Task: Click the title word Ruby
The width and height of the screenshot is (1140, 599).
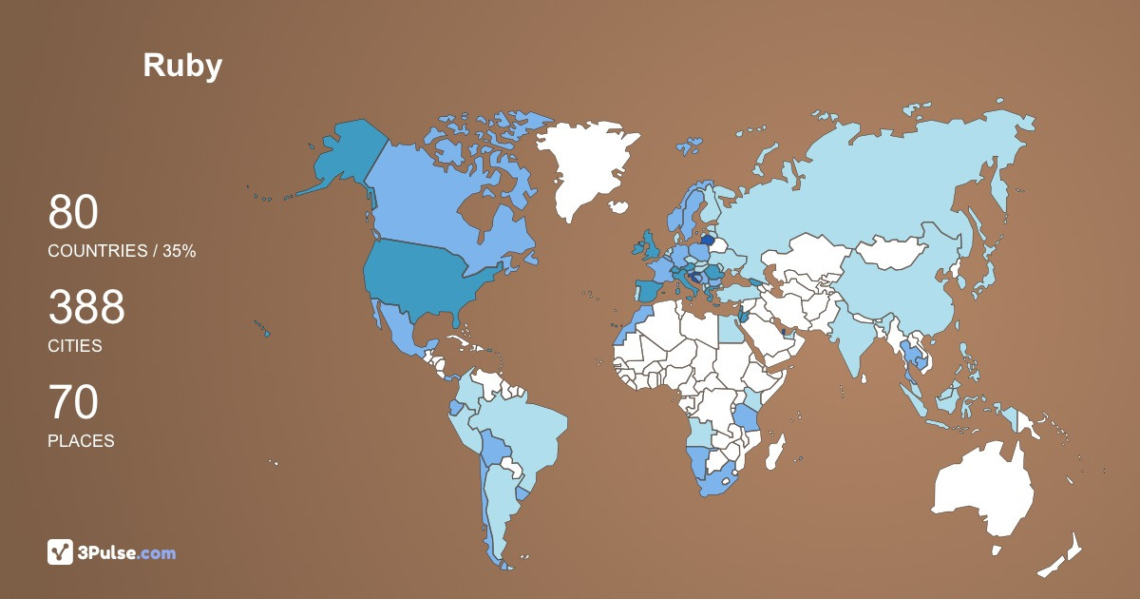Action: pyautogui.click(x=182, y=66)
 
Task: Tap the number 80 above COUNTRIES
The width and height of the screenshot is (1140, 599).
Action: pyautogui.click(x=73, y=213)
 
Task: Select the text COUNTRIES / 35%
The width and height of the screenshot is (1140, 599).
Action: pyautogui.click(x=122, y=251)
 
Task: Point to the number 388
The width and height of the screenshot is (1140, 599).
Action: pyautogui.click(x=86, y=308)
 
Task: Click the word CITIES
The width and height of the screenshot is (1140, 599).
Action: pyautogui.click(x=75, y=346)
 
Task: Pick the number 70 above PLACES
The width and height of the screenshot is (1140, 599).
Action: pyautogui.click(x=73, y=403)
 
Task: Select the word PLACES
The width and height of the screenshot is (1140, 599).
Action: pyautogui.click(x=81, y=441)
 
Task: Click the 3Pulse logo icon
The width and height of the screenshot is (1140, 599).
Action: pyautogui.click(x=60, y=551)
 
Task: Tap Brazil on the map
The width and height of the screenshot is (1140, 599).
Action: pyautogui.click(x=522, y=428)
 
